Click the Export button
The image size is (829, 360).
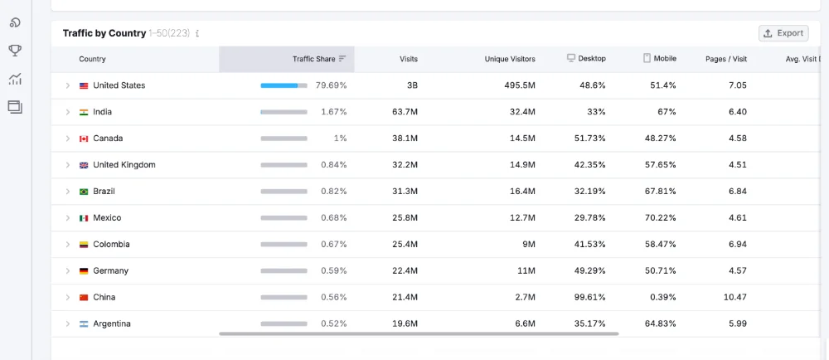coord(783,33)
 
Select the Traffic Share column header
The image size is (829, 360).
coord(314,59)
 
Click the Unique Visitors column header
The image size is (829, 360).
coord(510,59)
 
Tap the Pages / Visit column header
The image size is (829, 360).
coord(726,59)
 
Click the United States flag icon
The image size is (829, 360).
coord(84,85)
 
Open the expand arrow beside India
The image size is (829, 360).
coord(68,112)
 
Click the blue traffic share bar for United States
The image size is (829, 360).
coord(279,85)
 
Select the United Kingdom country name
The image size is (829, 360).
coord(124,165)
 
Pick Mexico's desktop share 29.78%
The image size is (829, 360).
coord(590,218)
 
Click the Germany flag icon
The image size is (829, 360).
coord(84,270)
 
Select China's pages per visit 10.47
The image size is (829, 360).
coord(734,297)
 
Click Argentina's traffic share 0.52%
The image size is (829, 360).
coord(333,324)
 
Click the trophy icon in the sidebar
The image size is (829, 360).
coord(15,51)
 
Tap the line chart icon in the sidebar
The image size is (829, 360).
coord(15,80)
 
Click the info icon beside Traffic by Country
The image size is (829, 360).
coord(197,33)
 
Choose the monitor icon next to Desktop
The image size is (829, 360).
coord(571,58)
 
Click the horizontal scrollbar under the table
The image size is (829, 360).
coord(419,334)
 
